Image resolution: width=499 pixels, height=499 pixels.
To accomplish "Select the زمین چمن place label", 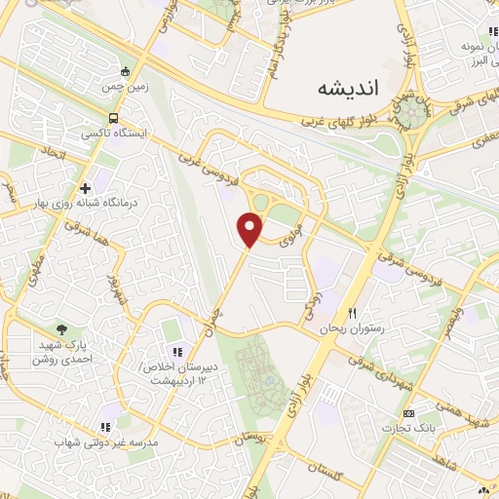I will click(126, 87).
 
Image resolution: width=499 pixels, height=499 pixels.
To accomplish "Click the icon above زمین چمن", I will click(126, 70).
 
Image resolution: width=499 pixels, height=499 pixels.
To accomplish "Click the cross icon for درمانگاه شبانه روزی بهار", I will click(86, 187).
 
